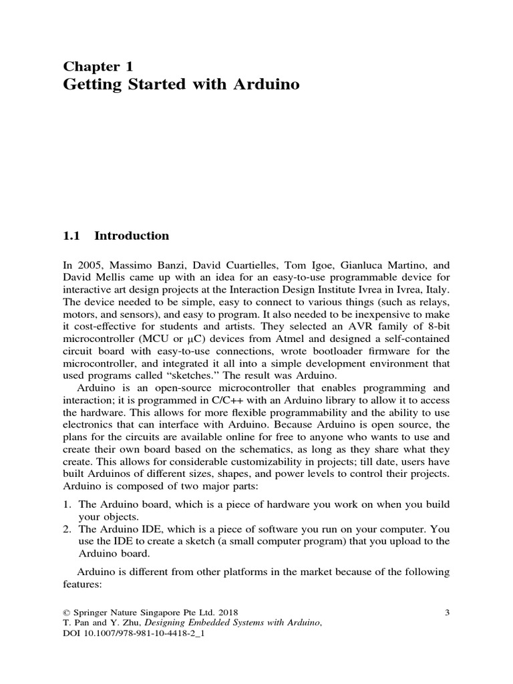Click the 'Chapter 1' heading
point(98,66)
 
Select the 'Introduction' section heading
point(132,236)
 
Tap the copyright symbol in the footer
point(65,612)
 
